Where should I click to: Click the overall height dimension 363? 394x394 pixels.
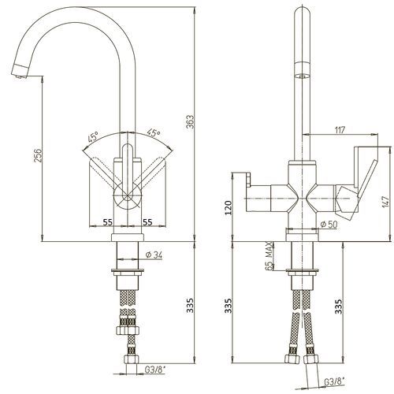190,121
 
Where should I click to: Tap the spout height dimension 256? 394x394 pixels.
38,155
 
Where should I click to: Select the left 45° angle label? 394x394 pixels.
93,137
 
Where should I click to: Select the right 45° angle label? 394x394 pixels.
154,132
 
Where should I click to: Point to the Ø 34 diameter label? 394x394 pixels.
154,255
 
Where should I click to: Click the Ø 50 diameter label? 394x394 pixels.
329,224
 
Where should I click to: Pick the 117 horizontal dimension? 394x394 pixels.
340,130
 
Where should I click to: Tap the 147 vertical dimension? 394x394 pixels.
385,202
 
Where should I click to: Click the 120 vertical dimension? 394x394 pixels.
229,207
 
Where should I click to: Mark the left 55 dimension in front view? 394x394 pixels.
107,222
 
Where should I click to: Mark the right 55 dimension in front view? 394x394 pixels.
147,222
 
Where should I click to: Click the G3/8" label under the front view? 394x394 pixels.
155,370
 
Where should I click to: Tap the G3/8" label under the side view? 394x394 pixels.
335,381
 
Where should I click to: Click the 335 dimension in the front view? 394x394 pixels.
190,305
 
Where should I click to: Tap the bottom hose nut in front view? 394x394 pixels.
131,359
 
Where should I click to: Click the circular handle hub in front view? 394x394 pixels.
127,196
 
